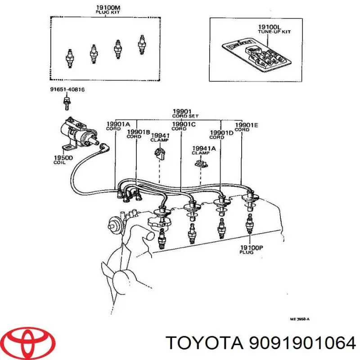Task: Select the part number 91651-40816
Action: point(67,90)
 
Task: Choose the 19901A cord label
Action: point(118,126)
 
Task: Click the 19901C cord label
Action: point(184,126)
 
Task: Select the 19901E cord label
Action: point(247,127)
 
